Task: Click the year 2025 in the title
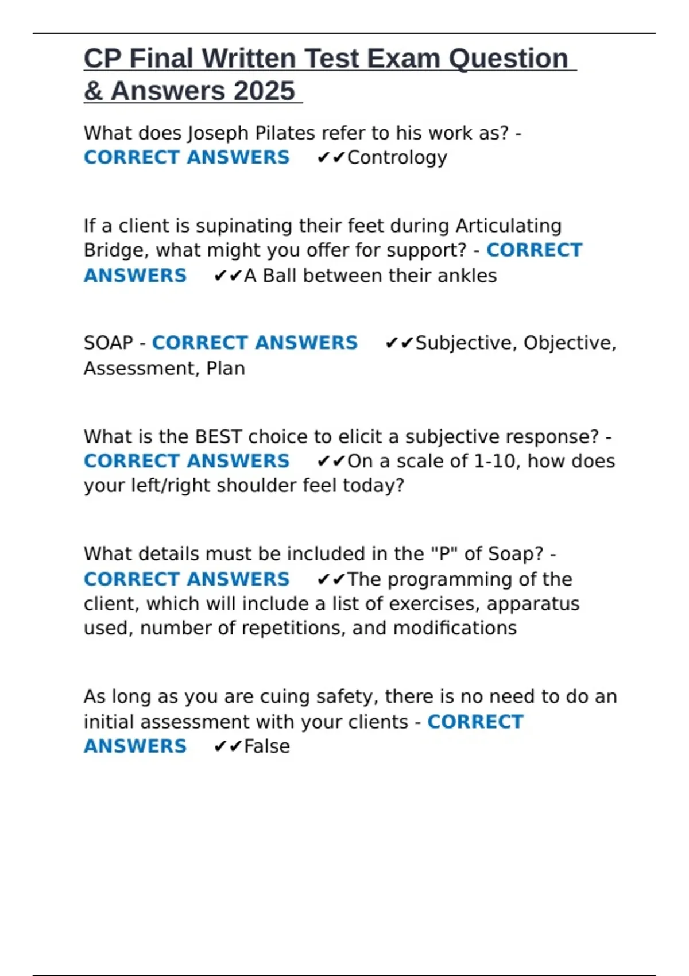264,91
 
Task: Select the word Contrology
397,157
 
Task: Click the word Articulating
508,226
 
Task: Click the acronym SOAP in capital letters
108,343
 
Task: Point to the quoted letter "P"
440,554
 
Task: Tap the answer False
267,746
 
